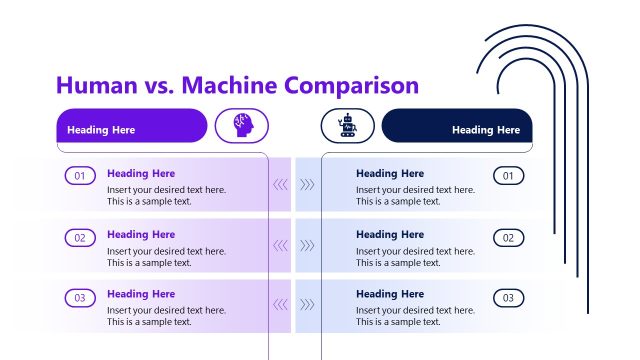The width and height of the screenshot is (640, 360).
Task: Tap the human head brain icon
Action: point(242,125)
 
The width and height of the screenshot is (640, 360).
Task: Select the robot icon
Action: point(348,125)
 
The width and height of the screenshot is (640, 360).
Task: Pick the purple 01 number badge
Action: point(80,177)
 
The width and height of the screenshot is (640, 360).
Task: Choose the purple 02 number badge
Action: point(80,238)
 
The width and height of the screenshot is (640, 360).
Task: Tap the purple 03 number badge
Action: point(80,298)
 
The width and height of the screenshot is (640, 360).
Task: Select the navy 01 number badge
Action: point(508,177)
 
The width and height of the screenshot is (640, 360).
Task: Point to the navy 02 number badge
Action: point(508,238)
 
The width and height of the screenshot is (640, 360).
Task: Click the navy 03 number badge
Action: point(508,298)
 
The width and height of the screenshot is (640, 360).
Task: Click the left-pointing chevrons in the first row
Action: point(280,184)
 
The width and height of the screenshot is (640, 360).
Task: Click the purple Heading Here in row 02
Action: point(141,234)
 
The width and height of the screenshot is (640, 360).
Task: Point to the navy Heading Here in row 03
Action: point(390,294)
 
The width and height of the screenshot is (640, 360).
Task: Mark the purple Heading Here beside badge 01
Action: point(141,174)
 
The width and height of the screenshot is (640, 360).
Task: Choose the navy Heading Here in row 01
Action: point(390,174)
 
